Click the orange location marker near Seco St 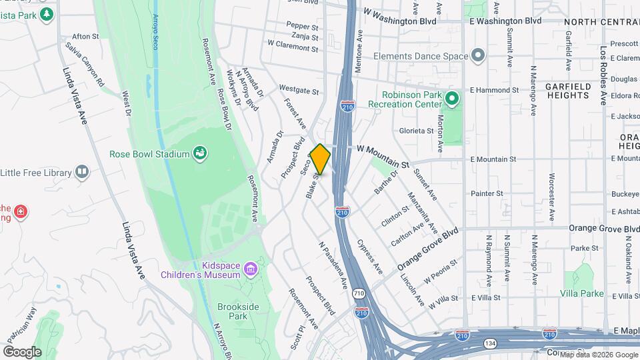point(320,159)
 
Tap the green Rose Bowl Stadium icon point(199,154)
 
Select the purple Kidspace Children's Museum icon point(251,269)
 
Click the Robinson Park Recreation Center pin point(452,100)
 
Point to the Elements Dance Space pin point(477,56)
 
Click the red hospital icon point(21,212)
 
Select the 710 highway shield point(359,293)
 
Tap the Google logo point(22,352)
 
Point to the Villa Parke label point(581,293)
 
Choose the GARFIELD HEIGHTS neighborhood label point(567,91)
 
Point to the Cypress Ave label point(370,256)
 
